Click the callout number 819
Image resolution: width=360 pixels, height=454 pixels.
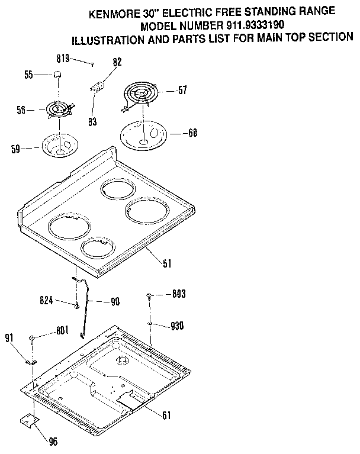(64, 58)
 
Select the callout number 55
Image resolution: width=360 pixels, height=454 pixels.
(28, 74)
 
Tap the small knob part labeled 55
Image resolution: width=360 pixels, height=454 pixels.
(58, 73)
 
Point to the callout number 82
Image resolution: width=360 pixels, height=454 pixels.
(117, 62)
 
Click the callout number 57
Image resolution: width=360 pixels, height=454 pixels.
(182, 91)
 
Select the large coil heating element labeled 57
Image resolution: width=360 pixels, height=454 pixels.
(140, 95)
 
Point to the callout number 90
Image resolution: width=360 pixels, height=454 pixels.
(115, 301)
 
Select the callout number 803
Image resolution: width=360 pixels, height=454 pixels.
(178, 294)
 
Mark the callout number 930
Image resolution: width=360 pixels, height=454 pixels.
(178, 326)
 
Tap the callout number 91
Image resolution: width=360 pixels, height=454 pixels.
(9, 338)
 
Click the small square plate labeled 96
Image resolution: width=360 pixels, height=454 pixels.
(28, 420)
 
